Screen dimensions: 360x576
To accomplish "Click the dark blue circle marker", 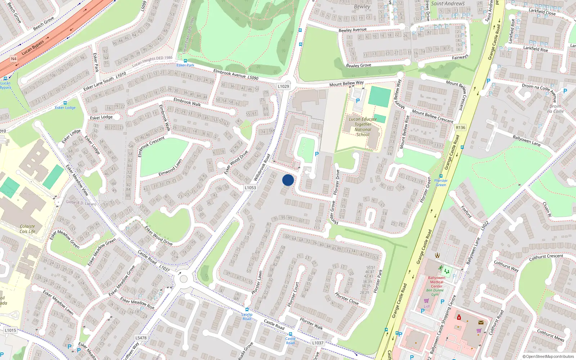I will pos(288,180).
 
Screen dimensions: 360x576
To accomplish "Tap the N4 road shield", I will pos(14,59).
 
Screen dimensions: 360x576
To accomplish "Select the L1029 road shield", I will pos(283,86).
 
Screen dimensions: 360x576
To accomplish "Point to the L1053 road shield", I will pos(250,188).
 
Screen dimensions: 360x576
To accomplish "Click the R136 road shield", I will pos(460,127).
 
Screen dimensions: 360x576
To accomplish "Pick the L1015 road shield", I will pos(10,330).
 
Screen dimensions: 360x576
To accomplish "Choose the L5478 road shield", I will pos(141,338).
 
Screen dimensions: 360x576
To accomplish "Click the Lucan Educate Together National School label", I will pos(363,127).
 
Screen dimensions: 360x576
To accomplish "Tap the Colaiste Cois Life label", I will pos(27,229).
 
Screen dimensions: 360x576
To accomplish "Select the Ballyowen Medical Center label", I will pos(437,282).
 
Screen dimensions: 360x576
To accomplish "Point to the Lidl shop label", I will pos(427,306).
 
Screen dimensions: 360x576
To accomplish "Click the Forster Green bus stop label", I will pos(441,183).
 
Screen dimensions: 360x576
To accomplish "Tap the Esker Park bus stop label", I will pos(185,65).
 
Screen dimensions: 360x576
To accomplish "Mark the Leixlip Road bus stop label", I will pos(247,316).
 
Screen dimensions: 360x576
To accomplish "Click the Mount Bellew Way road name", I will pos(346,84).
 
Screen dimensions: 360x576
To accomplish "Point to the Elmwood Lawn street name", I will pos(170,168).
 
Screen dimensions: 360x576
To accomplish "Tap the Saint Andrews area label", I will pos(448,4).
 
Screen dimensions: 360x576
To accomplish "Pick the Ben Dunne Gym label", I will pos(435,292).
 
